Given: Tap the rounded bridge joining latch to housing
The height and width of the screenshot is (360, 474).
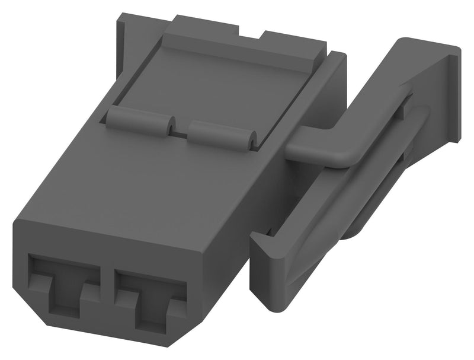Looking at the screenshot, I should pos(320,148).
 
